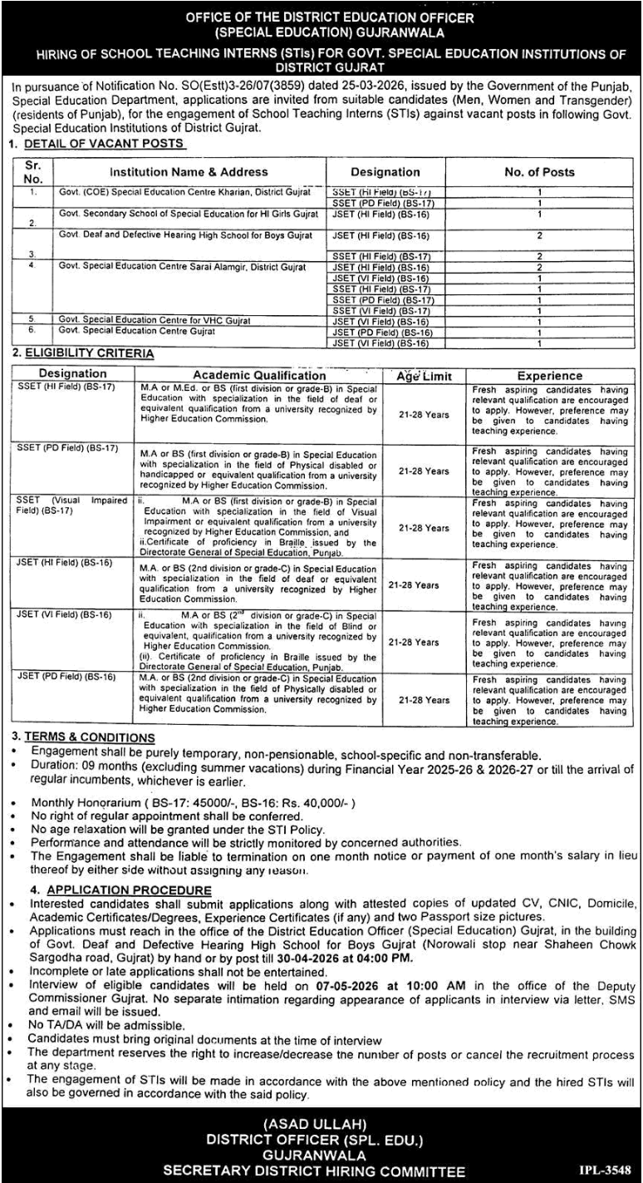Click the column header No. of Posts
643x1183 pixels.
pyautogui.click(x=539, y=172)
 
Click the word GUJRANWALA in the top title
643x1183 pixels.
pyautogui.click(x=396, y=33)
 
